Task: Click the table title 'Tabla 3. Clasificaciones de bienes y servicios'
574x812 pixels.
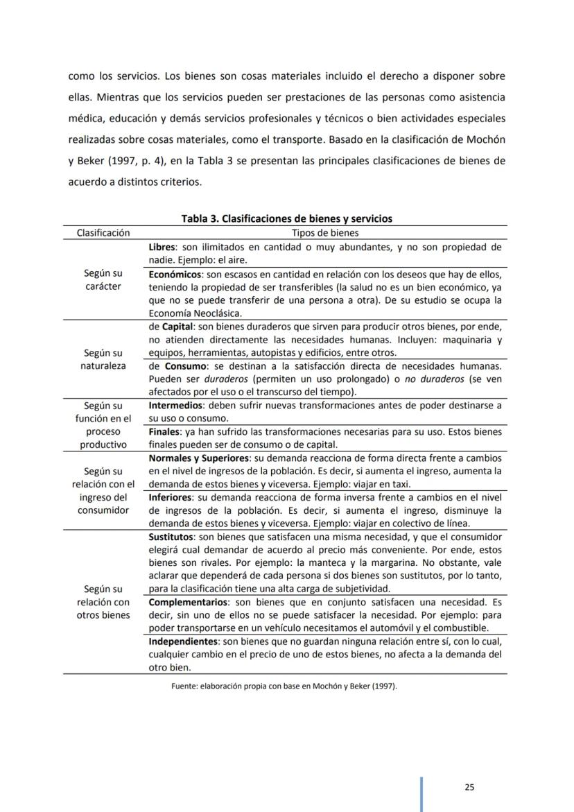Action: [286, 218]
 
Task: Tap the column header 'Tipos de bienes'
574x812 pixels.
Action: [325, 233]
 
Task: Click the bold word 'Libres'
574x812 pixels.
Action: [162, 247]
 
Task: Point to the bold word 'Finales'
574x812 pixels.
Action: [164, 432]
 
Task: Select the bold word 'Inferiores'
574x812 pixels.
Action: [171, 497]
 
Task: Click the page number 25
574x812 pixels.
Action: [469, 787]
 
